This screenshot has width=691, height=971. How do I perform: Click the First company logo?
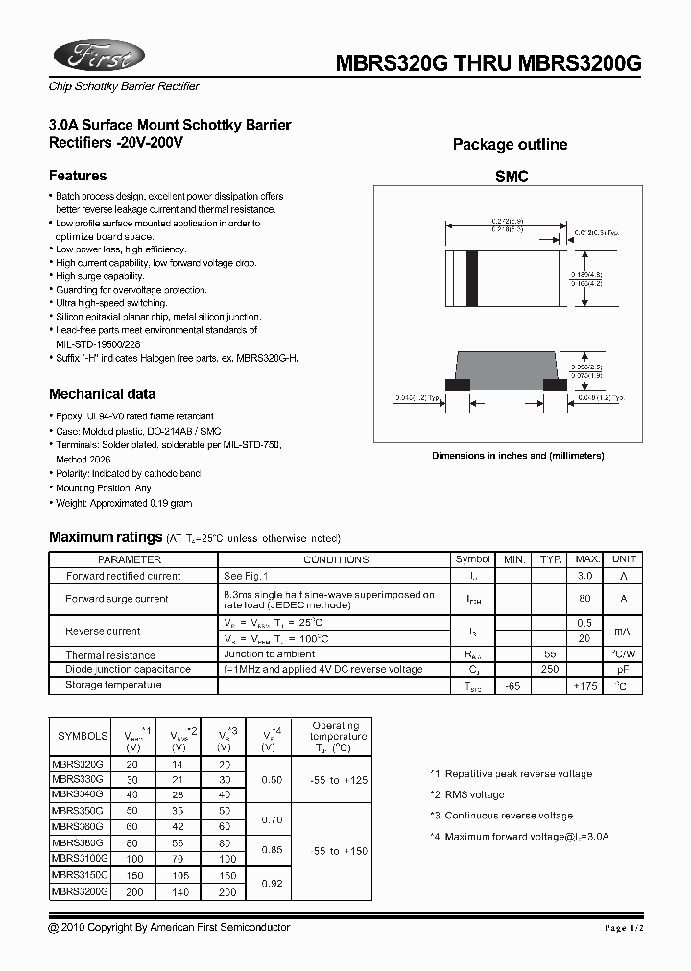point(97,55)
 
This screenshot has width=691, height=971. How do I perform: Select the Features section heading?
point(78,176)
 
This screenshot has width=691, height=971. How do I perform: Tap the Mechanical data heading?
point(102,394)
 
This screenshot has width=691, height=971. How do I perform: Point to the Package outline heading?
point(510,145)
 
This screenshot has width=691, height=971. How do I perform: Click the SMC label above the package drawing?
point(512,178)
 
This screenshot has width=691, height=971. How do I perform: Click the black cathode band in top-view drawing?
point(471,278)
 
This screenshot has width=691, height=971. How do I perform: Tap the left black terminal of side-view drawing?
point(459,384)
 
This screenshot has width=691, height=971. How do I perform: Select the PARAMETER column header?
point(130,559)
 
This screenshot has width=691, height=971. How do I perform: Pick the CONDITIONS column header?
point(336,559)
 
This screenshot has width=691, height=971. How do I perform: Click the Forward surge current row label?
point(116,599)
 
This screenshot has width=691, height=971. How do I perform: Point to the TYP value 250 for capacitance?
point(550,669)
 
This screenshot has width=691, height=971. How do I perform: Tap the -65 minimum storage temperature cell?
point(513,686)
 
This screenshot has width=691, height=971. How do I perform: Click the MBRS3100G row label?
point(80,858)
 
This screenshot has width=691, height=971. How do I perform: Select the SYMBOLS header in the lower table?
point(83,736)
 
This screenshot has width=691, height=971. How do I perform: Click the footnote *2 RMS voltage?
point(466,794)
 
